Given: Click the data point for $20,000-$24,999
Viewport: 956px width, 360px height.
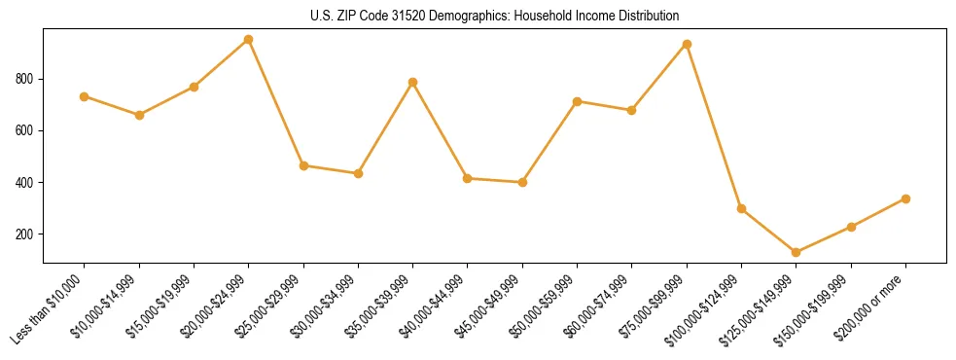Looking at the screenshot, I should pos(248,40).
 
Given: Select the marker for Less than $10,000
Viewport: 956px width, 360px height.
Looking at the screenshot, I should pos(84,96).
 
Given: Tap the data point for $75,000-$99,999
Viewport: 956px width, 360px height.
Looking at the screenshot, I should pos(687,44).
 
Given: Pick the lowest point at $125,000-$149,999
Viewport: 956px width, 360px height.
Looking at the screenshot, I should pos(796,252).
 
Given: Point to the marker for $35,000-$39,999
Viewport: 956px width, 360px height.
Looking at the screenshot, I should pos(412,82).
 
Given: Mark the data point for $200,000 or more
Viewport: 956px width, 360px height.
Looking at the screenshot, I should pos(905,198).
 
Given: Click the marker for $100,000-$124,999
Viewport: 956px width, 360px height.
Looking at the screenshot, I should pos(741,208).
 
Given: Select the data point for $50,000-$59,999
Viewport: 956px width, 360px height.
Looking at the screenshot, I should pos(577,101).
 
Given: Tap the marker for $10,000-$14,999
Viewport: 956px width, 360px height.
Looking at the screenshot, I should pos(139,115).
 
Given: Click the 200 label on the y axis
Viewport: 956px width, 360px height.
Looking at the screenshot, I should pos(26,234).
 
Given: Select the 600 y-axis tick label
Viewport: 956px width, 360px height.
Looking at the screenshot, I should pos(26,130).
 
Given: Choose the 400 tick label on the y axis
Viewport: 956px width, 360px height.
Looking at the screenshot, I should pos(26,183).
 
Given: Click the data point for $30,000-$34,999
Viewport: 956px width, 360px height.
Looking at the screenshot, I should pos(358,173).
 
